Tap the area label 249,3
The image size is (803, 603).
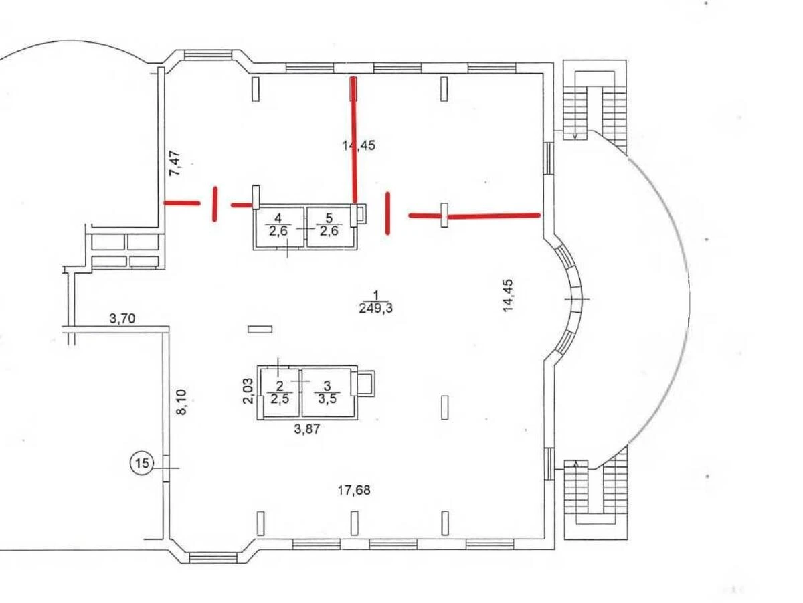pos(376,308)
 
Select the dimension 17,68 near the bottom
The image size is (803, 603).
pos(354,491)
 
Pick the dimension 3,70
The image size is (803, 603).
pos(122,319)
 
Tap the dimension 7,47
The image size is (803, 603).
pos(175,163)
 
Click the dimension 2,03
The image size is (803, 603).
pos(248,390)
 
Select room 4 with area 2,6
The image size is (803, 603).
pos(278,224)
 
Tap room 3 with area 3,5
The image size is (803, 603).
pos(327,390)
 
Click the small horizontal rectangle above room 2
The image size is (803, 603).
pos(260,329)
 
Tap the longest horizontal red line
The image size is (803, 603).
pos(474,216)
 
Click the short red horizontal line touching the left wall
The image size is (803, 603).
pos(182,202)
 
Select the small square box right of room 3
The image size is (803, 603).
pos(365,384)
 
